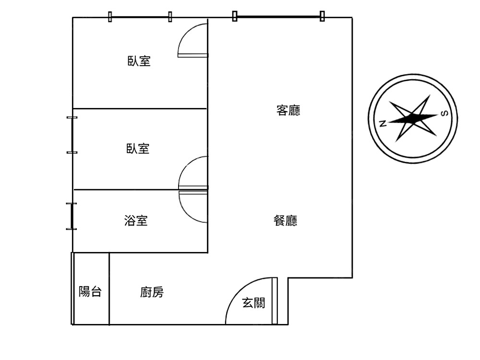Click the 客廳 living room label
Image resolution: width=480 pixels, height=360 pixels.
tap(288, 110)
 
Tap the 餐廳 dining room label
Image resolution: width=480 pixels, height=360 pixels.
tap(285, 220)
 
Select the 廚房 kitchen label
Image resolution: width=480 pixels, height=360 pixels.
tap(152, 292)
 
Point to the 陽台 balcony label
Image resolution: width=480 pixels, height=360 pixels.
tap(90, 291)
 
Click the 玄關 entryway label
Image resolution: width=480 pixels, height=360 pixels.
tap(253, 303)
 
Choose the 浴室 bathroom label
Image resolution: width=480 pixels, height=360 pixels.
tap(136, 220)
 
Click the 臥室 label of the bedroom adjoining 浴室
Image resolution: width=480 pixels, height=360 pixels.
tap(138, 148)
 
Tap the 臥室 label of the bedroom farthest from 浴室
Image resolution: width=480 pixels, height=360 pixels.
tap(139, 61)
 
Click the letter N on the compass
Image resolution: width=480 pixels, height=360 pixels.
tap(383, 124)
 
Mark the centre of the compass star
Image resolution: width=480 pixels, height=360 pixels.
tap(413, 118)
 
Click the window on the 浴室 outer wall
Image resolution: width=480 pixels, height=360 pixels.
tap(72, 216)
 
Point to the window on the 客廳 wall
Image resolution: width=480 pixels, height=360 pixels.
tap(278, 16)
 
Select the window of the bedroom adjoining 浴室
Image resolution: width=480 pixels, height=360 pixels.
tap(72, 135)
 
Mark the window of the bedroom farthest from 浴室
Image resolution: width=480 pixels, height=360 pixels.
tap(140, 17)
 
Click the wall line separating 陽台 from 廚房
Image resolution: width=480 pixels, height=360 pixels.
tap(109, 288)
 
